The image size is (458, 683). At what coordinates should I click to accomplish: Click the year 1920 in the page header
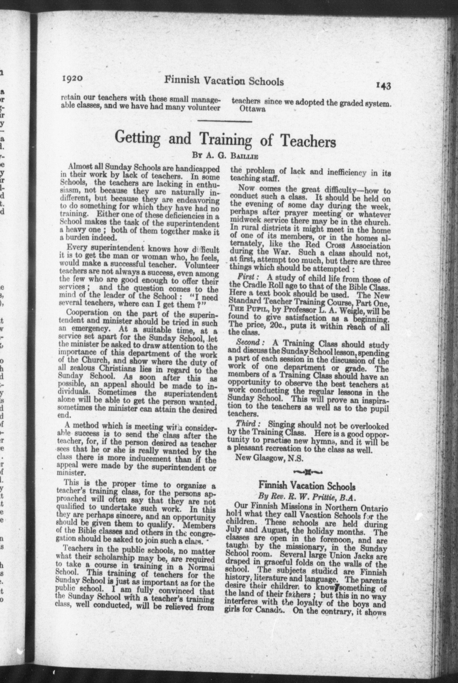point(73,79)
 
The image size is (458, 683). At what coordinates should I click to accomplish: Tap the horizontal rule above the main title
point(225,121)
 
